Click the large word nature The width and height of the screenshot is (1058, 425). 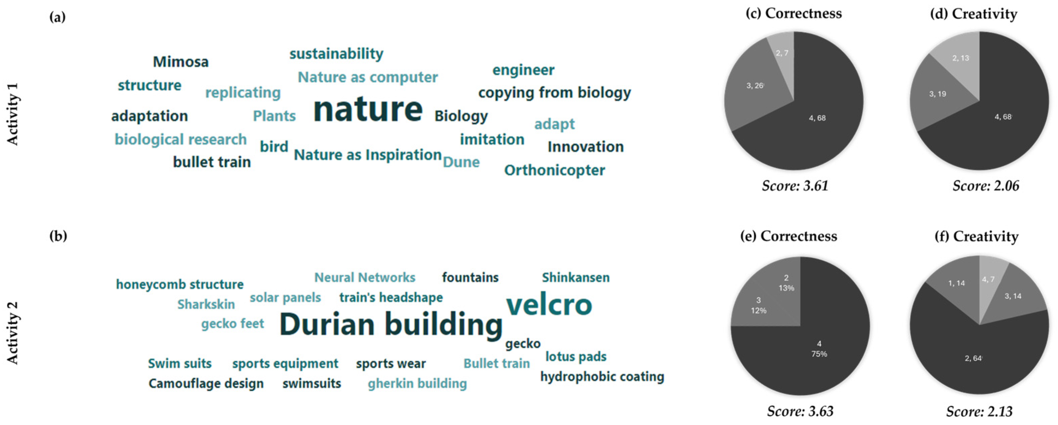tap(368, 110)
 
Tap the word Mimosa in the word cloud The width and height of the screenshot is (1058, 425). tap(181, 62)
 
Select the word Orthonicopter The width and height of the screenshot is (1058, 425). tap(555, 170)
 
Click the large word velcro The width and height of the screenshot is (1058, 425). tap(549, 305)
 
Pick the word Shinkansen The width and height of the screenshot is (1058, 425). tap(576, 278)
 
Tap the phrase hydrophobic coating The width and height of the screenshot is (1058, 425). tap(602, 377)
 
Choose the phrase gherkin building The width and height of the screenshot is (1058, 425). tap(417, 384)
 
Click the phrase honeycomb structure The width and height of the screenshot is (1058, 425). tap(180, 285)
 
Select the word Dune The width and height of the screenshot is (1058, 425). tap(461, 162)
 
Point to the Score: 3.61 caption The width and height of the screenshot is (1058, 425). tap(795, 186)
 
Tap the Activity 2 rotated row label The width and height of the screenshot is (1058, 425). tap(13, 333)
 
